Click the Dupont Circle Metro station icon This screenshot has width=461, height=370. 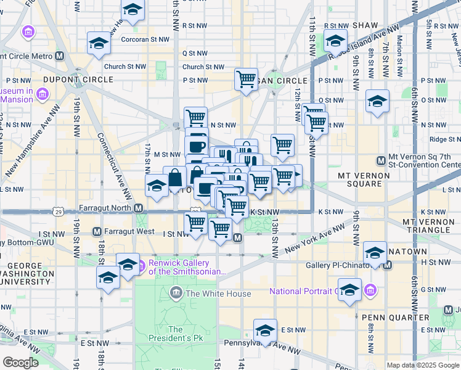60,55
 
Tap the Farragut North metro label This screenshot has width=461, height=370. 110,208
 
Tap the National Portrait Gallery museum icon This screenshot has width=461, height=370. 370,290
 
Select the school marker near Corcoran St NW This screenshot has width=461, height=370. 98,43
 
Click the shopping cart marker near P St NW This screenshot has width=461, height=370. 246,78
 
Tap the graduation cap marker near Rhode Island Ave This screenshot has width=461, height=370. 335,41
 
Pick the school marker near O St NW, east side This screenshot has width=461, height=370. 377,102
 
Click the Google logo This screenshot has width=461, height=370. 20,363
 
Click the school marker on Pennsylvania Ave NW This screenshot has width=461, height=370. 266,330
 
